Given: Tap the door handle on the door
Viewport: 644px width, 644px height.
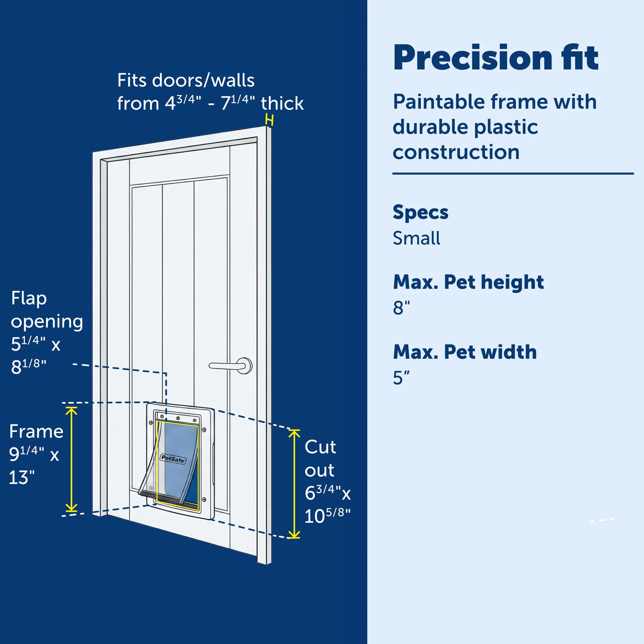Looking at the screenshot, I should pyautogui.click(x=230, y=366).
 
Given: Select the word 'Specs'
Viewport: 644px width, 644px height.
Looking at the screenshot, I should pyautogui.click(x=420, y=212).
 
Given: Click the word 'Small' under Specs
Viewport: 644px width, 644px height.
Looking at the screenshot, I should pyautogui.click(x=416, y=238).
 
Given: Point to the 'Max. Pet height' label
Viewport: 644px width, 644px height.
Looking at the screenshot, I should pyautogui.click(x=468, y=282).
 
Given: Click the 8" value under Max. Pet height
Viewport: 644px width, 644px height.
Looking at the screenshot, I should pyautogui.click(x=401, y=308).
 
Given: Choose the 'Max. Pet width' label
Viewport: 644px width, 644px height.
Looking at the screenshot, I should pyautogui.click(x=465, y=352).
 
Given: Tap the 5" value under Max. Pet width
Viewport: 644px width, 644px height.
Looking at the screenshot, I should pyautogui.click(x=401, y=378).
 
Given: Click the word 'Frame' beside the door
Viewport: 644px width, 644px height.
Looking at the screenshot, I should pyautogui.click(x=36, y=432).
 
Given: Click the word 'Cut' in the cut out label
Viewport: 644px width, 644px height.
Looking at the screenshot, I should pyautogui.click(x=320, y=447).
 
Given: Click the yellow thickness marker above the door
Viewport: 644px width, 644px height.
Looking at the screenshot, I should pyautogui.click(x=269, y=119).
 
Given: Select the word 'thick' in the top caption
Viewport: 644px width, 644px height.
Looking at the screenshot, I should pyautogui.click(x=282, y=103).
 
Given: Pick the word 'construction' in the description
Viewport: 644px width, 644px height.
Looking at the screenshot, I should pyautogui.click(x=456, y=152).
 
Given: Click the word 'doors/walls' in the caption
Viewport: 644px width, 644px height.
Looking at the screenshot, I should pyautogui.click(x=203, y=81).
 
